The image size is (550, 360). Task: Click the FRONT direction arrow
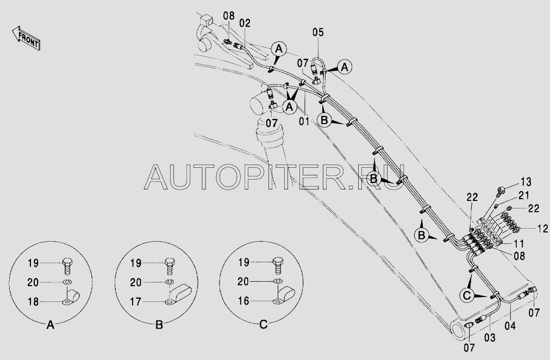(x=26, y=37)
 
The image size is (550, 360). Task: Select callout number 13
(x=526, y=182)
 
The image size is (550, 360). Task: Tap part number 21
(x=523, y=195)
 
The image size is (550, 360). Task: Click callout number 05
(x=318, y=32)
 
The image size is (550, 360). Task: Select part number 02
(x=245, y=23)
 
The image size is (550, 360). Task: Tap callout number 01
(x=304, y=121)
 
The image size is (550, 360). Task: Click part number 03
(x=490, y=338)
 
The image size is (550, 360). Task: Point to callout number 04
(x=510, y=326)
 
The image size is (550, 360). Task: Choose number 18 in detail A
(x=33, y=301)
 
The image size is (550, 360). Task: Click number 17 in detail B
(x=135, y=301)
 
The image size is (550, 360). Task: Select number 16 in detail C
(x=243, y=301)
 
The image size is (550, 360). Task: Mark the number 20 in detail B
(x=135, y=282)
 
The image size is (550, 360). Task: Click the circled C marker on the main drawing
(x=466, y=295)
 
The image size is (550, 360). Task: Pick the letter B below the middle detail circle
(x=159, y=325)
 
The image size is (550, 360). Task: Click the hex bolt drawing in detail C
(x=278, y=266)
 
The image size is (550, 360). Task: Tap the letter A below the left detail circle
(x=51, y=325)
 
